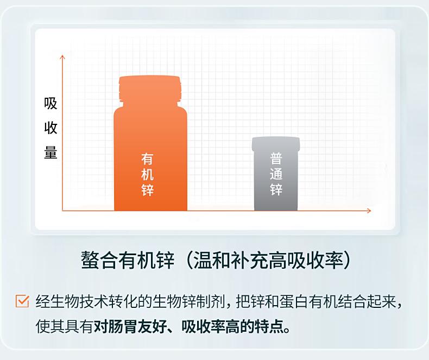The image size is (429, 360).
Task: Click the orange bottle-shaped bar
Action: (150, 143)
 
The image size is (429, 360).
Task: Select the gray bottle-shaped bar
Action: (276, 174)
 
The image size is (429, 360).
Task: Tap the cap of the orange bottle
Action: (150, 89)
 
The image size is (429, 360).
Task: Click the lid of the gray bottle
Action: (276, 143)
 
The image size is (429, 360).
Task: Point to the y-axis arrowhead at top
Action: (62, 57)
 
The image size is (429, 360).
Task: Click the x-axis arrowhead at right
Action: (369, 211)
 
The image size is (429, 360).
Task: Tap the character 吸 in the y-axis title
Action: (51, 103)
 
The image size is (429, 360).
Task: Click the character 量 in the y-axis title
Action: (51, 153)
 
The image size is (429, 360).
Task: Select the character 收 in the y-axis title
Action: (51, 128)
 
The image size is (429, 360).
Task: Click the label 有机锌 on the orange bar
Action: (147, 174)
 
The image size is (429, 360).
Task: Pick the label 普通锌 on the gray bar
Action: (276, 173)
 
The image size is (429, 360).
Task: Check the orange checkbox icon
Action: (22, 301)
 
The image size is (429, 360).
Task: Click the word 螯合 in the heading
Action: (99, 260)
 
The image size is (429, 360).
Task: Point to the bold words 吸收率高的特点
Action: (232, 326)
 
